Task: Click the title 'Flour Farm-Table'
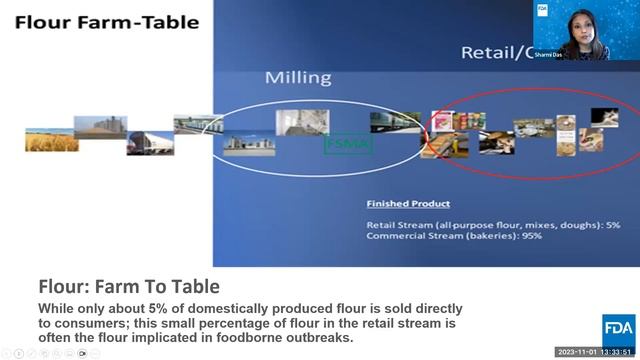coord(106,22)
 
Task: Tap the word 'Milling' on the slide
coord(297,77)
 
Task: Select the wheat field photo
coord(51,141)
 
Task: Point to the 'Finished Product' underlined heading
coord(408,204)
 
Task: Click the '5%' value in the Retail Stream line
coord(612,225)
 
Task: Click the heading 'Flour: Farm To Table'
coord(129,287)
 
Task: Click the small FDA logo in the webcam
coord(543,9)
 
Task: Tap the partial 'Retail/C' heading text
coord(495,52)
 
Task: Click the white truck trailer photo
coord(150,143)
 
